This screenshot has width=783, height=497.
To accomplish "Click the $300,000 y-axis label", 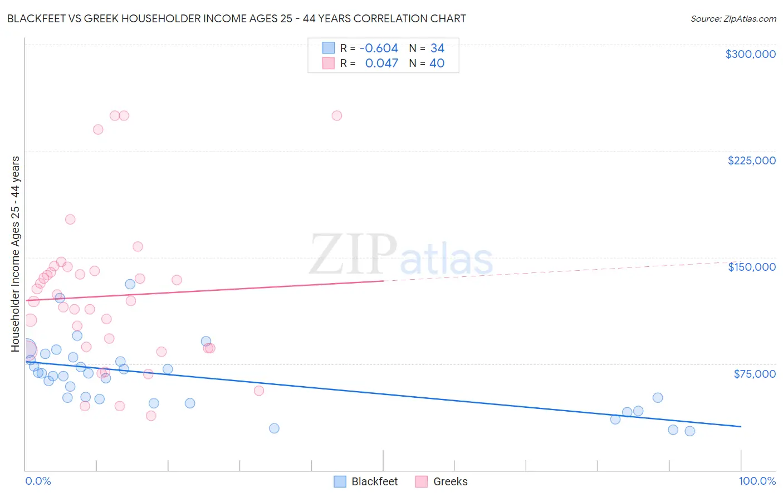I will tap(750, 54).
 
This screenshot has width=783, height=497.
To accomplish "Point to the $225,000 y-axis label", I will tap(751, 160).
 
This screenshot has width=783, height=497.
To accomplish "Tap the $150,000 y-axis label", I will tap(751, 267).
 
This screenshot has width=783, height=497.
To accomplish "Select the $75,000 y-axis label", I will tap(754, 374).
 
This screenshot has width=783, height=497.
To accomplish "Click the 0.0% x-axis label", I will tap(38, 481).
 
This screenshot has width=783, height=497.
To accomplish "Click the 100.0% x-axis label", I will tap(757, 481).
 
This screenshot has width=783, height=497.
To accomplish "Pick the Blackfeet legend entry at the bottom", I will tap(366, 481).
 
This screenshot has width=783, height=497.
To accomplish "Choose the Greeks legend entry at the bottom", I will tap(442, 481).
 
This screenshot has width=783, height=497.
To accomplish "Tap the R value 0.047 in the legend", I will tap(381, 63).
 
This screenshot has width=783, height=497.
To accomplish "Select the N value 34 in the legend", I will tap(437, 48).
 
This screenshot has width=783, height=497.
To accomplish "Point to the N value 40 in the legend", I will tap(437, 63).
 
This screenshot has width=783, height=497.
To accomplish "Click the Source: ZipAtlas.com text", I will tap(733, 18).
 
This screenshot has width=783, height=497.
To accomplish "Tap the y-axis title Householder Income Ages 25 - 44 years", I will tap(15, 254).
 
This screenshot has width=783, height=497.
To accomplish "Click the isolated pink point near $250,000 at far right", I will tap(337, 116).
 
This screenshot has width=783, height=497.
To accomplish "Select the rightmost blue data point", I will tap(689, 431).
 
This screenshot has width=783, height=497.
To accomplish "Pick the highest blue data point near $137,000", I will tap(130, 284).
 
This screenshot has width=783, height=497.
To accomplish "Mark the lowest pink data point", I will tap(150, 416).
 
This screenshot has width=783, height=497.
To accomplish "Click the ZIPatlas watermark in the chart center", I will tap(401, 255).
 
